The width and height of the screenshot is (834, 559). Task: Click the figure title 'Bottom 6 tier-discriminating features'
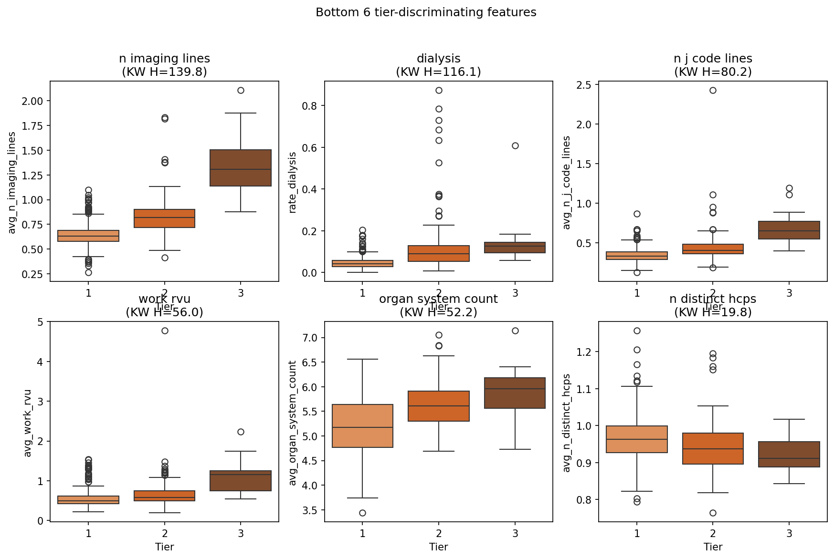click(426, 12)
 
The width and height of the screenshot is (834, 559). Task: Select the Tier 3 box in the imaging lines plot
click(241, 168)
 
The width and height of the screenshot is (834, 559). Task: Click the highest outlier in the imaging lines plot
click(241, 90)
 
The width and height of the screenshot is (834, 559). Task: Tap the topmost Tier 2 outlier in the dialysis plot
click(439, 90)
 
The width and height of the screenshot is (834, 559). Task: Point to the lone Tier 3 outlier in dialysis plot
click(515, 145)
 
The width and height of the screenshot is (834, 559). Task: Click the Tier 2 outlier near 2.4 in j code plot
click(713, 90)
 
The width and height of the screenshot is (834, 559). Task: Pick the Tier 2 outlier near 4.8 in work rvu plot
click(165, 331)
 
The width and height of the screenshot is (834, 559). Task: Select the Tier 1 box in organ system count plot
click(362, 426)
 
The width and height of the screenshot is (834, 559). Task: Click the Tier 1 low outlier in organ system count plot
click(362, 513)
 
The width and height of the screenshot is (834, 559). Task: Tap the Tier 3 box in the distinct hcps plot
click(789, 454)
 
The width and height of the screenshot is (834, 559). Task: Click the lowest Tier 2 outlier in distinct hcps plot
click(713, 513)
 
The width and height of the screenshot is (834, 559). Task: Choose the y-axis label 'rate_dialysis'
click(293, 182)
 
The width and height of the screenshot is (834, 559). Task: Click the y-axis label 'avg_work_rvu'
click(28, 423)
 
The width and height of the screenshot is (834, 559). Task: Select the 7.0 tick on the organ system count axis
click(311, 338)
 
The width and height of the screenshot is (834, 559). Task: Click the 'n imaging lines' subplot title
click(164, 59)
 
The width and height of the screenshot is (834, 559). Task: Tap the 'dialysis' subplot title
click(438, 59)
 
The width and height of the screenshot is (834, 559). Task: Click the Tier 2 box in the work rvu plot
click(165, 496)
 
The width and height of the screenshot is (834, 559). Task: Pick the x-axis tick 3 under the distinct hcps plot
click(789, 533)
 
